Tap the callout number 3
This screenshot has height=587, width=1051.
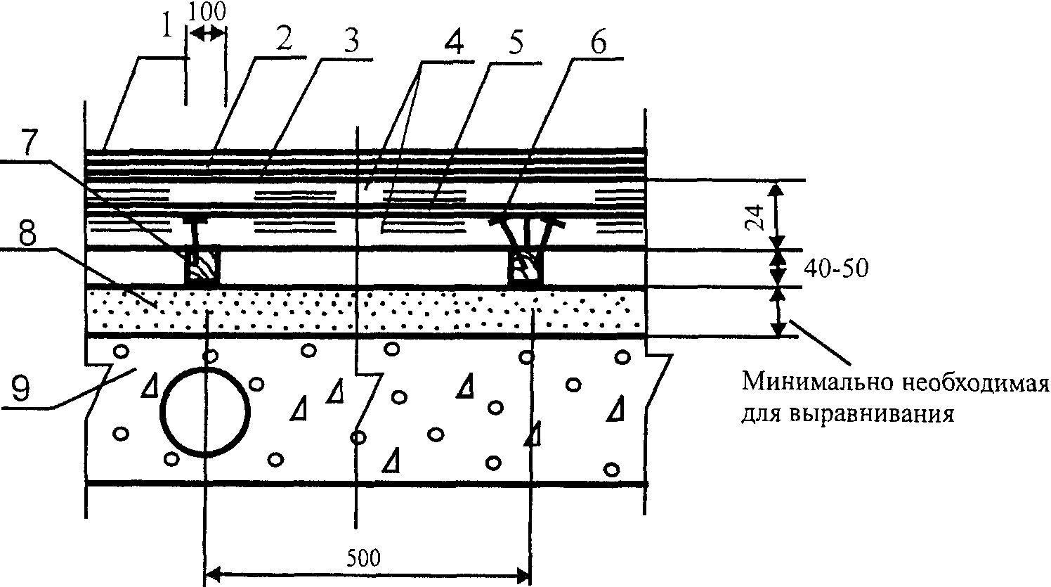pyautogui.click(x=349, y=41)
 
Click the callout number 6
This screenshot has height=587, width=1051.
pyautogui.click(x=594, y=44)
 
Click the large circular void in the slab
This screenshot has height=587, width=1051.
pyautogui.click(x=204, y=411)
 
